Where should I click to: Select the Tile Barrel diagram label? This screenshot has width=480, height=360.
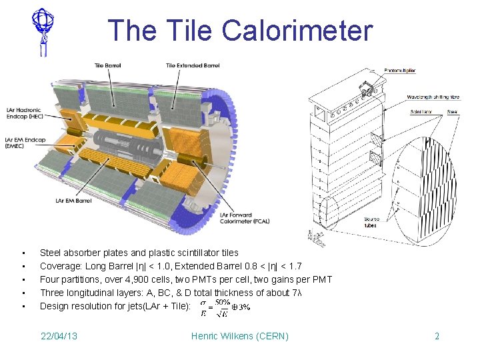[108, 65]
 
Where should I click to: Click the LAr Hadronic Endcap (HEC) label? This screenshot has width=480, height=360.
[23, 113]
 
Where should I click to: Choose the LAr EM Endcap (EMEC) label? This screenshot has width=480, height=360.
[25, 143]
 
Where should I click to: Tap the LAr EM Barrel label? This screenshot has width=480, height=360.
[74, 200]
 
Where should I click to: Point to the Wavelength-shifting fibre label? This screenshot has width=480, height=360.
[434, 97]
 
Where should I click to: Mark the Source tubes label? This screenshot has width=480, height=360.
[372, 221]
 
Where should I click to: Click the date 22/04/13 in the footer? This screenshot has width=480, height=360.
[59, 335]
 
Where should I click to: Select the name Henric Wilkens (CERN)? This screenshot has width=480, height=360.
[239, 335]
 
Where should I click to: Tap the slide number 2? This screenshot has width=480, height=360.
[437, 335]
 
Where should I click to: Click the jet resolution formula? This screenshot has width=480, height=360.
[225, 307]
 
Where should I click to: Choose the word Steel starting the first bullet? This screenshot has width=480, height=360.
[51, 253]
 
